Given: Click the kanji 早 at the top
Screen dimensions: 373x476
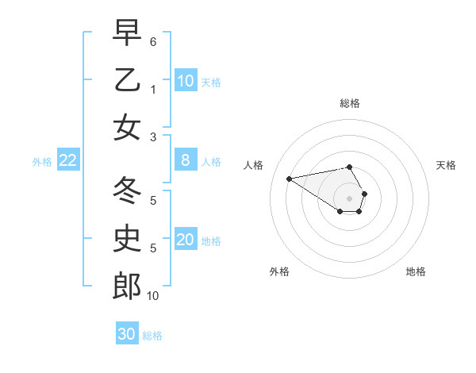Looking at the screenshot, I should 127,33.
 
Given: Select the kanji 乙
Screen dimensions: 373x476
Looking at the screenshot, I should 127,80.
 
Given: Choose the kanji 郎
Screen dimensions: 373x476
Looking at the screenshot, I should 127,286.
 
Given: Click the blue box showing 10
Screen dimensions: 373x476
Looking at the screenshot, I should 186,80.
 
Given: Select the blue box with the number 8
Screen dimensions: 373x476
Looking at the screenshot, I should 186,160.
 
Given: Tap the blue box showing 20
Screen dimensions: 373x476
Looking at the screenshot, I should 186,240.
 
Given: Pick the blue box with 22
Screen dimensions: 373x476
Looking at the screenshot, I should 68,160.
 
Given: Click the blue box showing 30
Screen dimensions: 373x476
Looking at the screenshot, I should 127,334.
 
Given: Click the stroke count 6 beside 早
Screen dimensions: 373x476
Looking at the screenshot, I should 153,40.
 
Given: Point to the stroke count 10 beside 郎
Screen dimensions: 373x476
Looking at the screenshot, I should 153,295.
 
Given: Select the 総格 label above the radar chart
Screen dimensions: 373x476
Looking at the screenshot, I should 349,103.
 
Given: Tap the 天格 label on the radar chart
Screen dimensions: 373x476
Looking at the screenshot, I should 447,165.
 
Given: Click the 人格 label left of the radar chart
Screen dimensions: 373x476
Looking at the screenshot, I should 254,165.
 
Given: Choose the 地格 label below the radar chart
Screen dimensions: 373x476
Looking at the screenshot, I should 416,271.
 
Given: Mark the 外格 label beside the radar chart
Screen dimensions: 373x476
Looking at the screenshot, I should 279,271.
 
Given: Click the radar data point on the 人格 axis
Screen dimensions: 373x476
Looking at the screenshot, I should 289,178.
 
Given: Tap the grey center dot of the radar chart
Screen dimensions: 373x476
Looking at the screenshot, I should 349,198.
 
